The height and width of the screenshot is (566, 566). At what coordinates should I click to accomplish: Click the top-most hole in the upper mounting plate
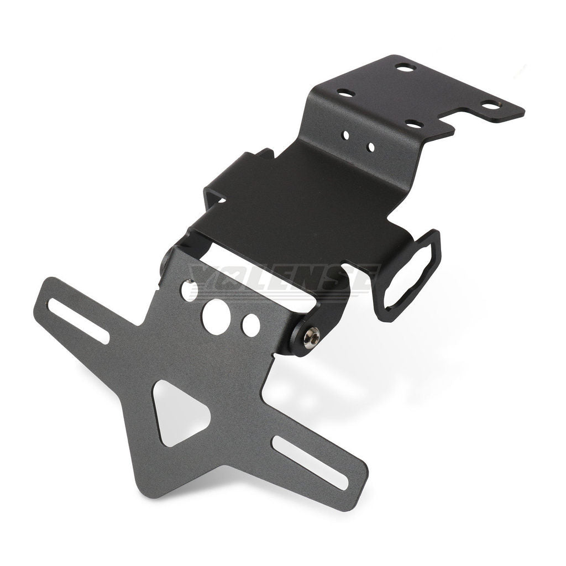pos(406,67)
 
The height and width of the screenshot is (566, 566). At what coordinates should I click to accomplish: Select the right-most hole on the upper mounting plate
pos(490,105)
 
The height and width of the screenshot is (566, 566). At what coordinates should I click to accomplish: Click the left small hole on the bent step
pos(347,134)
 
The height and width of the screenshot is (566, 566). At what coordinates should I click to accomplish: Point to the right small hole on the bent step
pos(370,147)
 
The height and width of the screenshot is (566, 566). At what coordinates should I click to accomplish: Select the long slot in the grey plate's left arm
pos(78,321)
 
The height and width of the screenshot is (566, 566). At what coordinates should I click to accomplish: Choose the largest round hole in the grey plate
pos(216,316)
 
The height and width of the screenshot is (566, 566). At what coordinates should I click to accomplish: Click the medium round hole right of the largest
pos(251,326)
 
